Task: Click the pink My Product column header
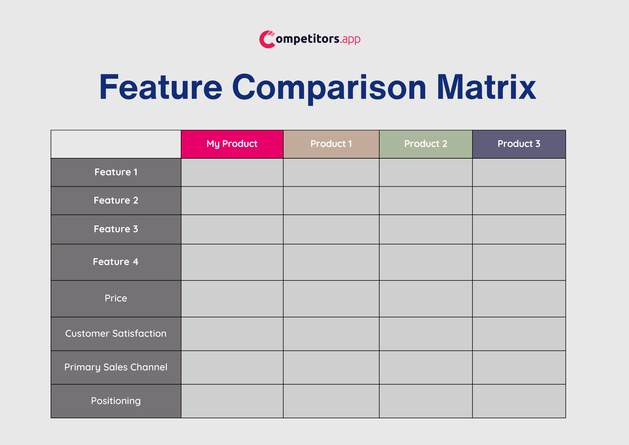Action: pos(232,144)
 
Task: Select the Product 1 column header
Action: pos(331,144)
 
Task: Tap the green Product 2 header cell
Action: pos(426,144)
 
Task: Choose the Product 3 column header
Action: pos(519,144)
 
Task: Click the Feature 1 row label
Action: pos(116,172)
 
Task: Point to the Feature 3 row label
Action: pos(116,229)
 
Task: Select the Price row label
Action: pos(116,298)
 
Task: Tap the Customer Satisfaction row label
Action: pos(116,334)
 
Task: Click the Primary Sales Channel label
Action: pos(116,367)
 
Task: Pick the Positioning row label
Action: pos(116,401)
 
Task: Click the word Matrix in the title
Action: pos(486,87)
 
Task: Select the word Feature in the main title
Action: pos(161,87)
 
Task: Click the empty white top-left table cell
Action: pos(116,144)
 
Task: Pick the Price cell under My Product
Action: pos(232,299)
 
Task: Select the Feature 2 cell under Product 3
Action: pos(519,201)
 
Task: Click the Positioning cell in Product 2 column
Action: pos(426,401)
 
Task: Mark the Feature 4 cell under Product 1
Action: pos(331,262)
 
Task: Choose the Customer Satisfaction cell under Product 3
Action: pos(519,334)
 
